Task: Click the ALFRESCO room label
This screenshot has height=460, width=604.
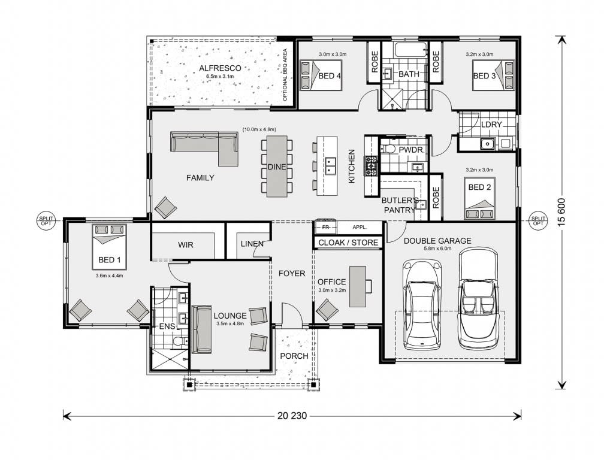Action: coord(220,68)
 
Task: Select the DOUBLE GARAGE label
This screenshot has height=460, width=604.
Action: coord(437,241)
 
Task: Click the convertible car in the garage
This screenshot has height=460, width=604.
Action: coord(478,298)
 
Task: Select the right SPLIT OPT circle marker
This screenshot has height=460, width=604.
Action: coord(537,220)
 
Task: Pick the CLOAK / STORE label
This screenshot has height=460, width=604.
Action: coord(348,243)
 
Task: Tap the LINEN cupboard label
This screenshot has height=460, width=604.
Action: coord(252,244)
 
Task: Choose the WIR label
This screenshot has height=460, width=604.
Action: coord(185,245)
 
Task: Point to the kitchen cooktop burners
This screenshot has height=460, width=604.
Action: coord(371,162)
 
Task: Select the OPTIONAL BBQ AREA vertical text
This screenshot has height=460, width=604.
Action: coord(285,74)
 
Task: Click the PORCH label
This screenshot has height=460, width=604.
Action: coord(294,356)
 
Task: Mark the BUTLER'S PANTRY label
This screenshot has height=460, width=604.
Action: coord(399,205)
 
